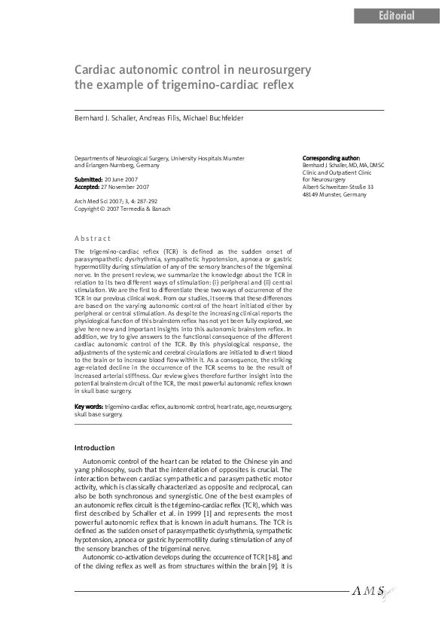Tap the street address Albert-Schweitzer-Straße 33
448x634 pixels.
[338, 187]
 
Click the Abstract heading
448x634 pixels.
[93, 238]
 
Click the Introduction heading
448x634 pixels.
[94, 448]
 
